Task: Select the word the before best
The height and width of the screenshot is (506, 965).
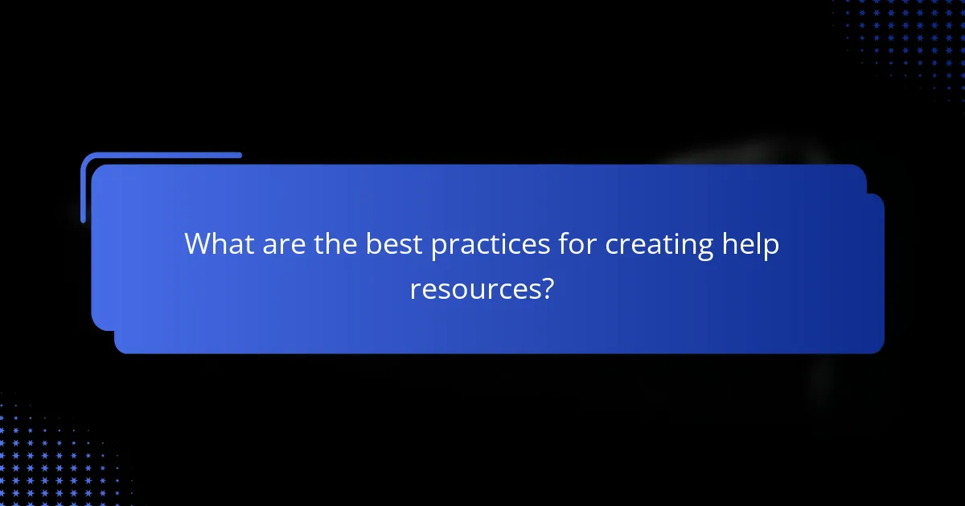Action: pyautogui.click(x=335, y=244)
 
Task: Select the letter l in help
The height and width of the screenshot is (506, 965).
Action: pyautogui.click(x=758, y=243)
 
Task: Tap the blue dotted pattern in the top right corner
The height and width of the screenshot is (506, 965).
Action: pyautogui.click(x=909, y=40)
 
